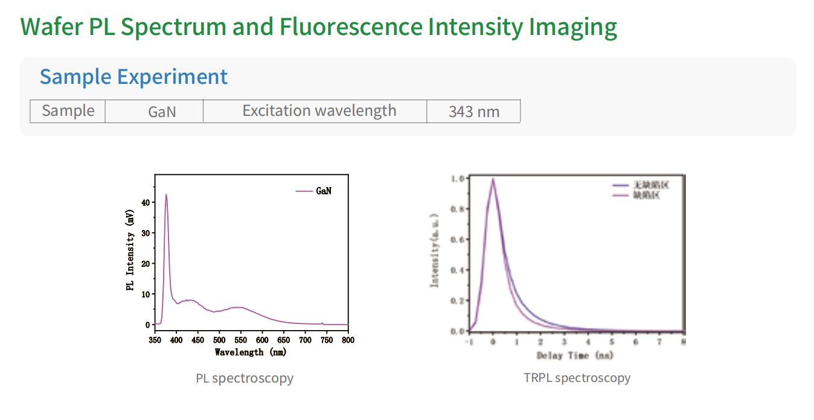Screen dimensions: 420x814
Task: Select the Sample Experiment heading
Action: (133, 77)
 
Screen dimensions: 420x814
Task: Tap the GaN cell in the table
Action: (162, 112)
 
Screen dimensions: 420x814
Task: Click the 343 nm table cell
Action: (473, 112)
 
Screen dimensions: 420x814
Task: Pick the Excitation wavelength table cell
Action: (319, 111)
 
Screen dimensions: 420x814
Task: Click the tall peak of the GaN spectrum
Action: (166, 195)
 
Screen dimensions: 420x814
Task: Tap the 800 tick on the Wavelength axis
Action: (348, 340)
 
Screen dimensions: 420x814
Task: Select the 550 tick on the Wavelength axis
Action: (240, 340)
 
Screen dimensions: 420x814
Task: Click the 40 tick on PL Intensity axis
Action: (145, 203)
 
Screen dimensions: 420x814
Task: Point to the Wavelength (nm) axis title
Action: (251, 352)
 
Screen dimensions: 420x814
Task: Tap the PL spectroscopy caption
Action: (245, 378)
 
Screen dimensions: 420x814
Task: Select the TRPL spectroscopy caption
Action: (577, 378)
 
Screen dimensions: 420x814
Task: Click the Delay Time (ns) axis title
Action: (575, 355)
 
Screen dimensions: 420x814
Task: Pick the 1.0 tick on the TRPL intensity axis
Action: (458, 179)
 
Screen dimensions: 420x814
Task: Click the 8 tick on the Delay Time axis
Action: (683, 342)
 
